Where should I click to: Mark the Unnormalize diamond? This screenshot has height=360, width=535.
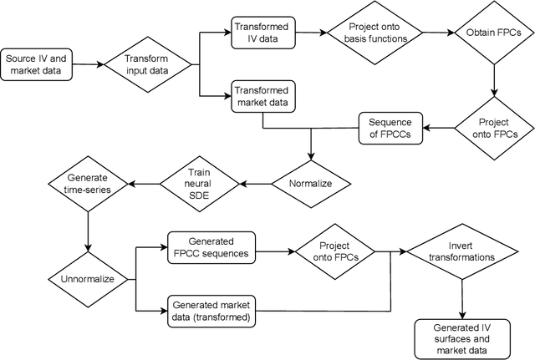click(x=87, y=278)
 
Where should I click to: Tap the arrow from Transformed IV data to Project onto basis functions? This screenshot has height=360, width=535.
click(x=310, y=33)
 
